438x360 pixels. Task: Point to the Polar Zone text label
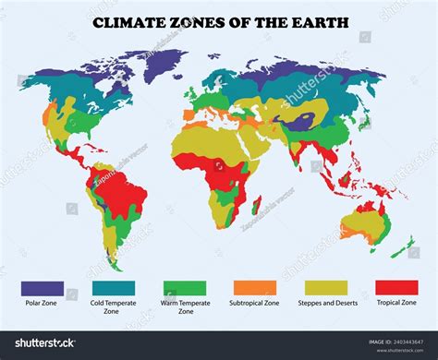pos(43,303)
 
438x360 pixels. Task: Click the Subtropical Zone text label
pos(254,303)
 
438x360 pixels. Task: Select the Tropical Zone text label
pos(395,303)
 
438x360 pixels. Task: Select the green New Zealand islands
pos(402,246)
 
